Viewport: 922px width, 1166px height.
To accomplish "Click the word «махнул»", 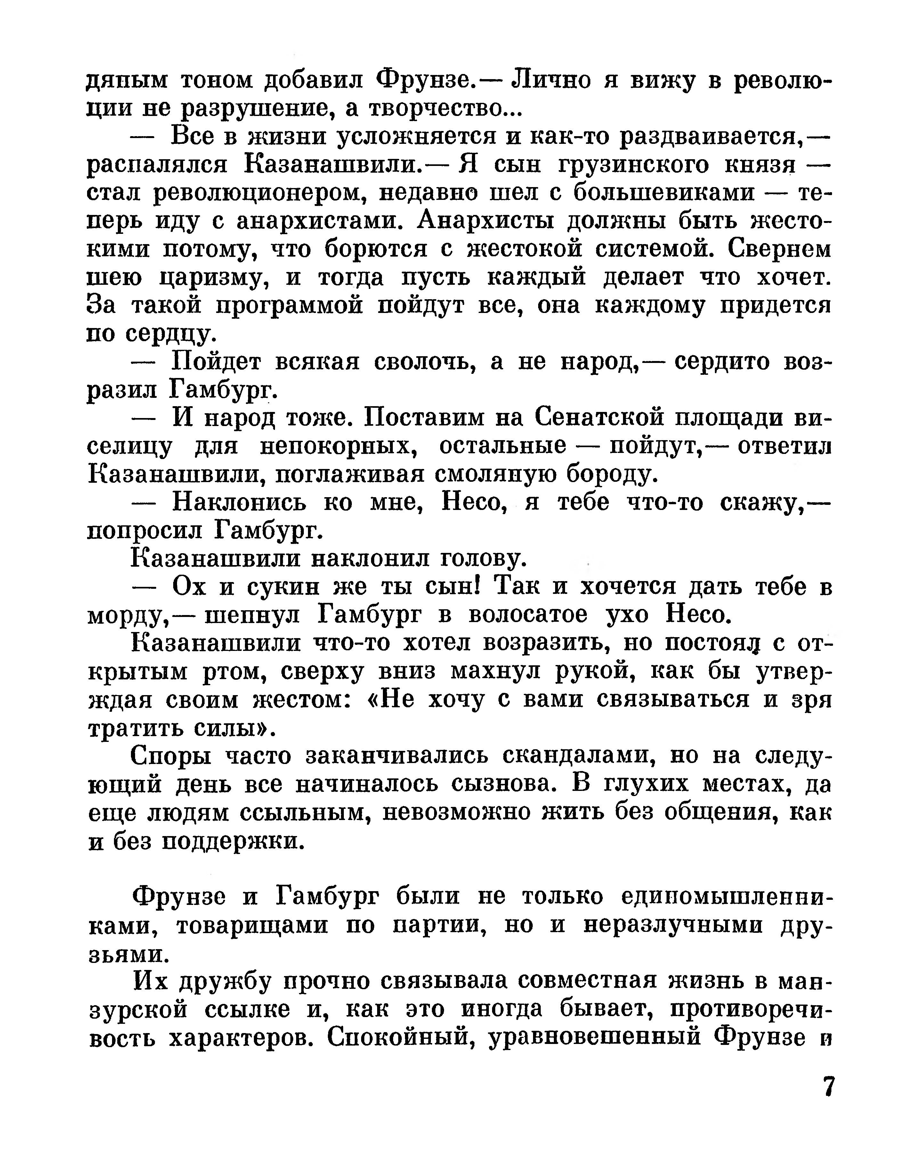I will coord(497,671).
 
